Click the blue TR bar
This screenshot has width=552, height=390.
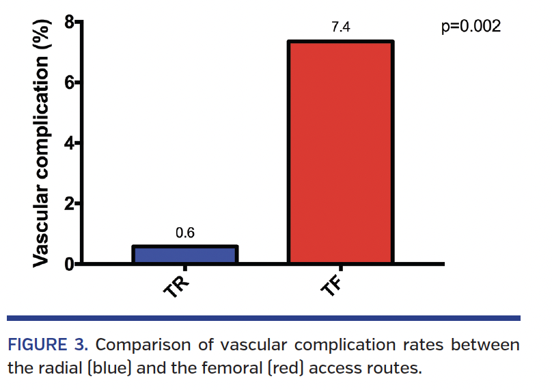185,255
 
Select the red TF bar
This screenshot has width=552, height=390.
340,152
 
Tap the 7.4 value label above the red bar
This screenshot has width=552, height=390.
340,28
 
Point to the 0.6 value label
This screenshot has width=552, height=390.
184,233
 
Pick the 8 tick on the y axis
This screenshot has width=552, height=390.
69,22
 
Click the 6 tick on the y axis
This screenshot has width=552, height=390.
69,82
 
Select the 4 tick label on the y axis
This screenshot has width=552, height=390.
69,143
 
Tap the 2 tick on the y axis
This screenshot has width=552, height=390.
69,203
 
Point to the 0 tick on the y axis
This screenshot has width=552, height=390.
69,263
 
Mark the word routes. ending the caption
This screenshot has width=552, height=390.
396,368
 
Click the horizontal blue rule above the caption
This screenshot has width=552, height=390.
263,318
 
